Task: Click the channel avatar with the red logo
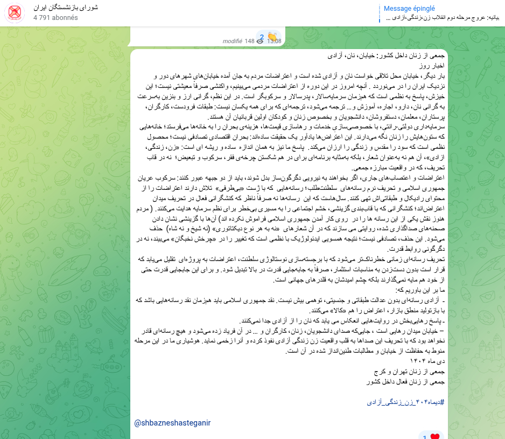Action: (x=15, y=13)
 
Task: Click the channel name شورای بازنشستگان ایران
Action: (x=66, y=8)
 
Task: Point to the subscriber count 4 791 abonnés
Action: (x=55, y=18)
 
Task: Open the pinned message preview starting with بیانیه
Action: (x=443, y=18)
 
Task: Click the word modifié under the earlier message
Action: (x=233, y=41)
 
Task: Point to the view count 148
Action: (x=249, y=41)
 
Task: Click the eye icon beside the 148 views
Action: (x=260, y=41)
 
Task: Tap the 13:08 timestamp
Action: (x=274, y=41)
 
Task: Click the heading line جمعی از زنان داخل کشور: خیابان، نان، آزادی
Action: (x=388, y=56)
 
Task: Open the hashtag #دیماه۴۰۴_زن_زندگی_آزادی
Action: (x=407, y=402)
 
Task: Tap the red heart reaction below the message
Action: (x=435, y=436)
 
